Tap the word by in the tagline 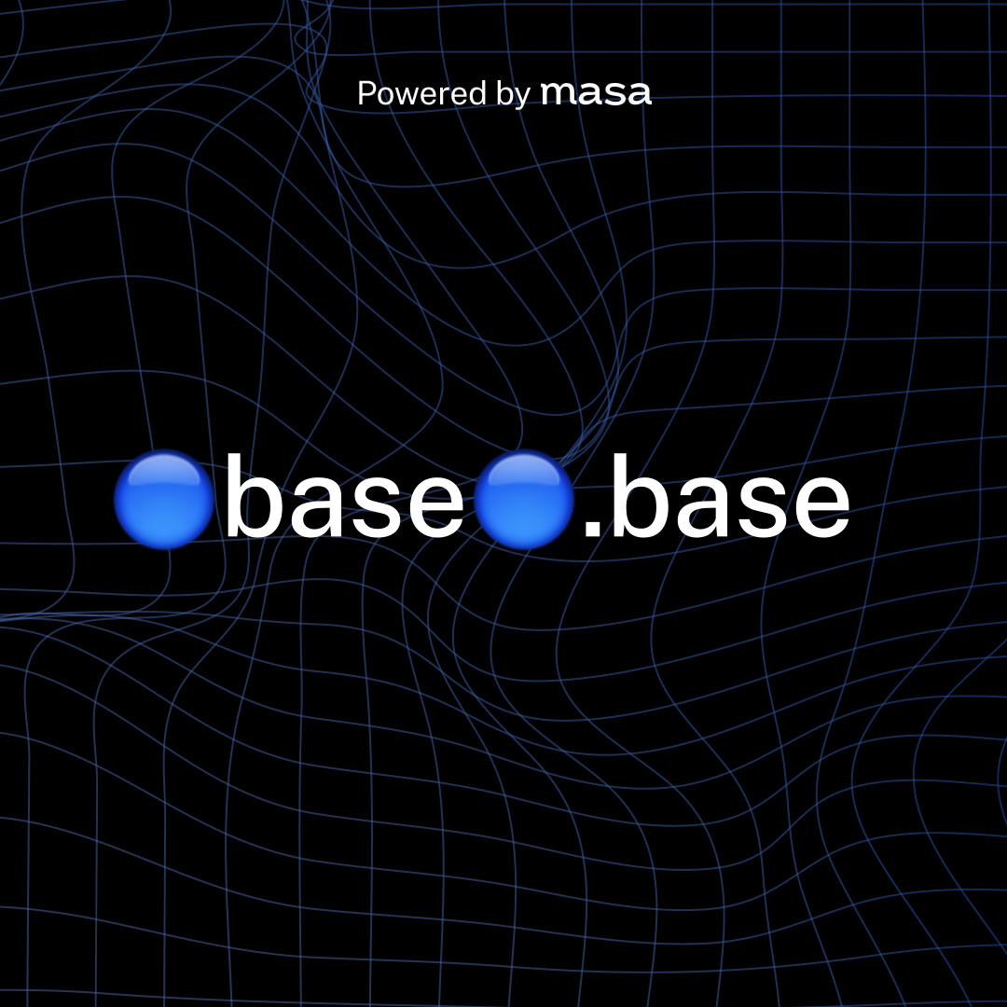coord(512,94)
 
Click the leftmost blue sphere coord(164,500)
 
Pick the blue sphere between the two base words coord(524,500)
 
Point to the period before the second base coord(591,532)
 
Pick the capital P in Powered coord(366,93)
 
